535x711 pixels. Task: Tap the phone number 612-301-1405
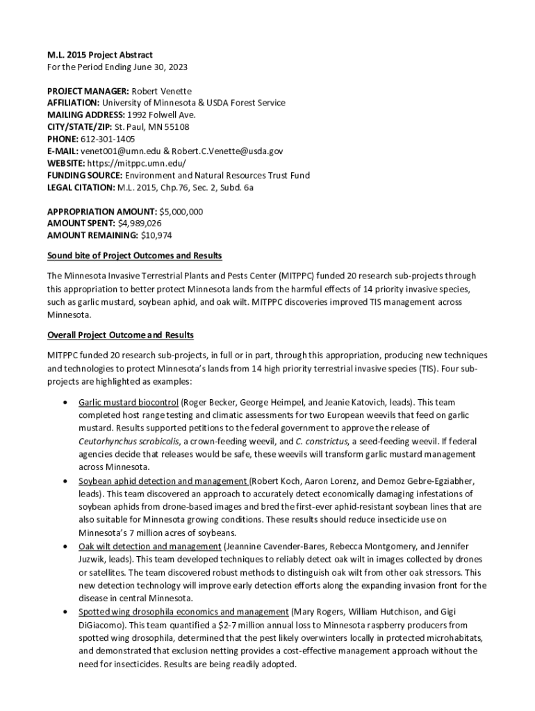click(x=108, y=139)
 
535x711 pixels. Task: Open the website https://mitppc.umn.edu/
click(x=137, y=163)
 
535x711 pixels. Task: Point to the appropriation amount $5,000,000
click(x=181, y=211)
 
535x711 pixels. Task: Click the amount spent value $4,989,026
click(x=140, y=223)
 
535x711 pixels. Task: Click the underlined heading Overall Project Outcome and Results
click(x=120, y=335)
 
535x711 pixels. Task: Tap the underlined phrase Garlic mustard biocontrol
click(x=129, y=402)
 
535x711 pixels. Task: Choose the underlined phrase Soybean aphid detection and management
click(x=163, y=480)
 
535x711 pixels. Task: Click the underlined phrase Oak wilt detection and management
click(x=150, y=546)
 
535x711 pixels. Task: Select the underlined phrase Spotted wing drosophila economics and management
click(x=183, y=612)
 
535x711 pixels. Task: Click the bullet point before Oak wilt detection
click(x=65, y=546)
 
